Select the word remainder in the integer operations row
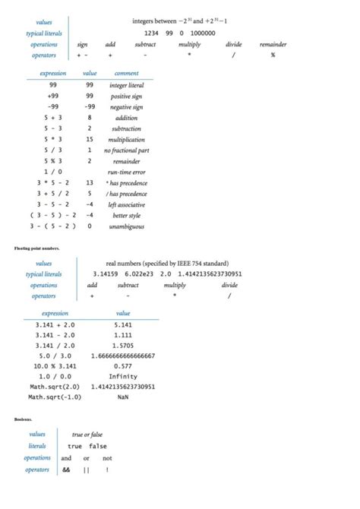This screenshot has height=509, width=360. click(273, 45)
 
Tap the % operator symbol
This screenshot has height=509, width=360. click(273, 55)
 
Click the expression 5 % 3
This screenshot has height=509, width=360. click(53, 161)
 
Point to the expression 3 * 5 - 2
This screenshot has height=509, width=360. click(53, 183)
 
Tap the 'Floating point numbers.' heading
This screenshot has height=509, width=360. click(36, 248)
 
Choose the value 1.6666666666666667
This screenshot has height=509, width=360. click(123, 356)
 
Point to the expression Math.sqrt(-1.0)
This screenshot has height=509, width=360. click(52, 397)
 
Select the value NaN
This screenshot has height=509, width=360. click(123, 397)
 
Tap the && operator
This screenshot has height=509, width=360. click(67, 469)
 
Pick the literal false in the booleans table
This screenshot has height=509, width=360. click(98, 446)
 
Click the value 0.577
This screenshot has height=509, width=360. click(123, 366)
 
